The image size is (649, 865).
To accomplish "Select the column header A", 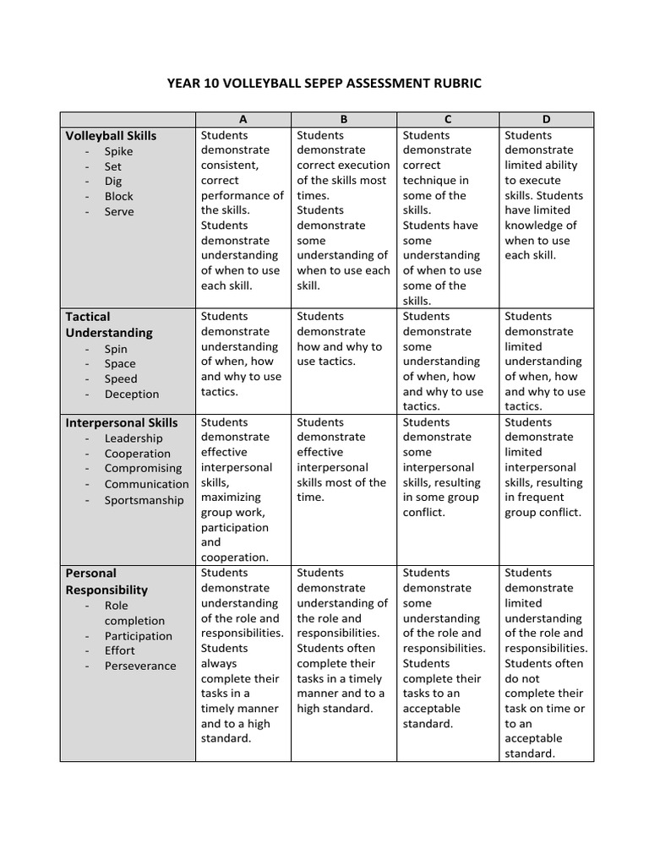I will coord(244,120).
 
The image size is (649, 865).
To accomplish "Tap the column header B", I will coord(344,120).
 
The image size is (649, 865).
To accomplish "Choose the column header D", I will coord(546,120).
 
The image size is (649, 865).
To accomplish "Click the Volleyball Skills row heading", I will coord(111,135).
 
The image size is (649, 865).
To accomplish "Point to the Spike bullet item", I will coord(118,151).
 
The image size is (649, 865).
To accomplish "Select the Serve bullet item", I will coord(119,212).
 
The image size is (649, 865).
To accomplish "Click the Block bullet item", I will coord(119,197).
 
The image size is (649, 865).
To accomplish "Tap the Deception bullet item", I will coord(132,394).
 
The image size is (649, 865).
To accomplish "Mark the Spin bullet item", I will coord(117,349).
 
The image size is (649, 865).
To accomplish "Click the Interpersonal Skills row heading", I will coord(122,422).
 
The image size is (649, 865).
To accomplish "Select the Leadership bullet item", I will coord(134,438).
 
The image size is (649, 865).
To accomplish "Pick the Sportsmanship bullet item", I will coord(144,500).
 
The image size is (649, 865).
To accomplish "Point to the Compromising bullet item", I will coord(143,469).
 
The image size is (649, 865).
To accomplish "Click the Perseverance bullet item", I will coord(140,666).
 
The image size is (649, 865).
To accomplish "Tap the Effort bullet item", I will coord(119,651).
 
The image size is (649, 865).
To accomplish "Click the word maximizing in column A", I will coord(231,498).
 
